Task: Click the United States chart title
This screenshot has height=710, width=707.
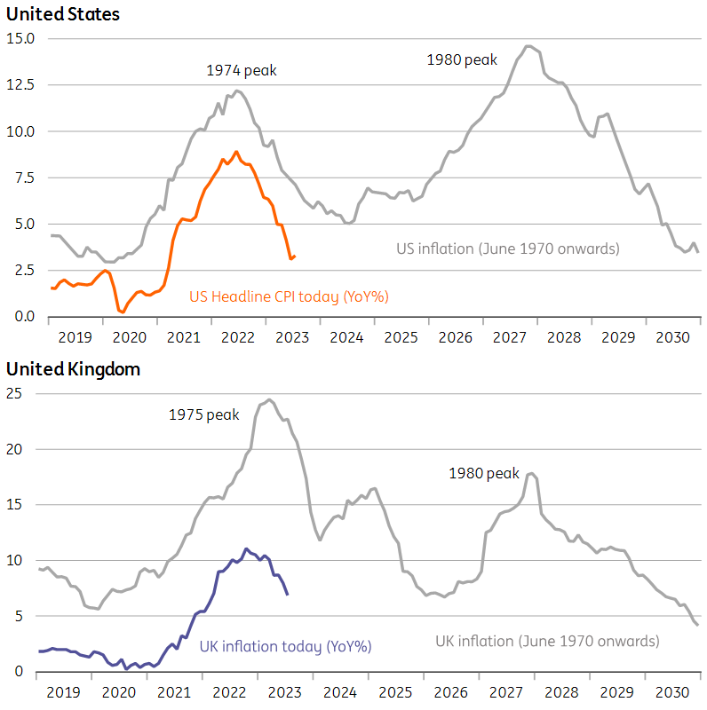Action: [x=63, y=14]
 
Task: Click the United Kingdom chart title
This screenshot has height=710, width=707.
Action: [x=74, y=369]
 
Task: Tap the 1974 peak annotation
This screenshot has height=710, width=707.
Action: [x=242, y=69]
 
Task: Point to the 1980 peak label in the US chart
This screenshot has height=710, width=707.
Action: [x=462, y=59]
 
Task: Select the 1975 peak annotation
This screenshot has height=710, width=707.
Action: [x=204, y=414]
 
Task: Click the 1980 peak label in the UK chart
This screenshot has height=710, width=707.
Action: [x=483, y=474]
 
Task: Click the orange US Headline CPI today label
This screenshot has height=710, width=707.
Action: [x=289, y=296]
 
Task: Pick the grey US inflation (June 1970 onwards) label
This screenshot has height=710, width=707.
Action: [x=507, y=248]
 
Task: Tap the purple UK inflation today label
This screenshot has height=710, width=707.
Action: [x=284, y=646]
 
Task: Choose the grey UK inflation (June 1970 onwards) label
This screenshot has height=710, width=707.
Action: [x=547, y=641]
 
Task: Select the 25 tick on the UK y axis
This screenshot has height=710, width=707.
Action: [x=15, y=394]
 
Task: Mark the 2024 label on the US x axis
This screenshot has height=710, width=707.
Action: [x=346, y=338]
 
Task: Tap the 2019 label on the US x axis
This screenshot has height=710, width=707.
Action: [x=75, y=338]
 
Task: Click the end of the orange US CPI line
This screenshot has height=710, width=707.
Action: [x=295, y=256]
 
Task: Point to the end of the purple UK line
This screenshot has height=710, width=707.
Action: [x=287, y=594]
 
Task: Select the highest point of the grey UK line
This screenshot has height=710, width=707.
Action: [x=269, y=399]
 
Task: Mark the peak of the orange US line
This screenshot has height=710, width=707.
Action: [x=236, y=152]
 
